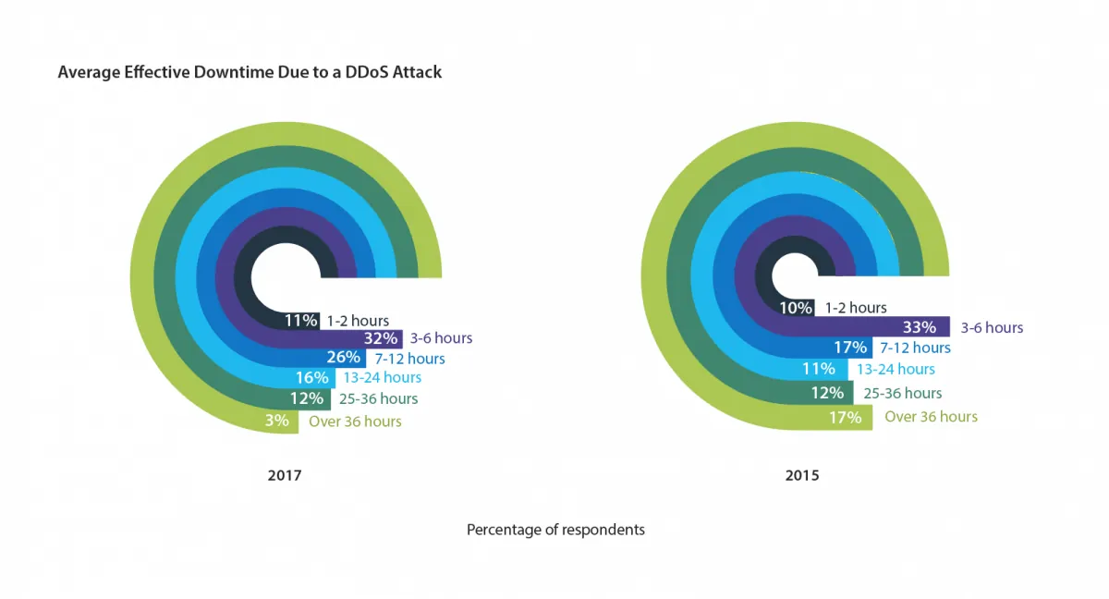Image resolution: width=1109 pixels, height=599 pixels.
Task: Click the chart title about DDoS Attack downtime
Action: (x=250, y=71)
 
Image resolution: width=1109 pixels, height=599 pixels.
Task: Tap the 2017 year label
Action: (x=285, y=476)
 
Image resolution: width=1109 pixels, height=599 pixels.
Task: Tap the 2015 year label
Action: (x=802, y=476)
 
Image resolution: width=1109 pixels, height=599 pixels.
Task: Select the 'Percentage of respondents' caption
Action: (x=555, y=530)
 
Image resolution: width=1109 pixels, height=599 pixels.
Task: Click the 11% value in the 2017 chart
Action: (x=301, y=321)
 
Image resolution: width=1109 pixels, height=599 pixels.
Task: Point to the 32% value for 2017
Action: (x=381, y=338)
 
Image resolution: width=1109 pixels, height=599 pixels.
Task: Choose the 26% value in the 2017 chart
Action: (x=343, y=358)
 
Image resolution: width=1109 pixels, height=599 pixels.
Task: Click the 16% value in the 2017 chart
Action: (x=312, y=377)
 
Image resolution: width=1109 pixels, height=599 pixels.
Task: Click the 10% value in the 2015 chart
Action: (x=797, y=308)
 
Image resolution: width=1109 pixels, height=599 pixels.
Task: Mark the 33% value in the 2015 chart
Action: (x=920, y=327)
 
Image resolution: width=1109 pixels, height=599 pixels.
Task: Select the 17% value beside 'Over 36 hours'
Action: (x=845, y=417)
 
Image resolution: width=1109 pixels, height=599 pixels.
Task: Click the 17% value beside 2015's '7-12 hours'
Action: (x=850, y=348)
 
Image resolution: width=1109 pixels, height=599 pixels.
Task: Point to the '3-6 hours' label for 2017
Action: (x=441, y=338)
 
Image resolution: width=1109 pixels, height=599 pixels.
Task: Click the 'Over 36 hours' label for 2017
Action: (x=355, y=422)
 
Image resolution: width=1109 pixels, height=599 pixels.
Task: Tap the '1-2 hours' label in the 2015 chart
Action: (x=856, y=308)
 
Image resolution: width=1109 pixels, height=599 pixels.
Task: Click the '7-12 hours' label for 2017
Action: (x=410, y=359)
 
